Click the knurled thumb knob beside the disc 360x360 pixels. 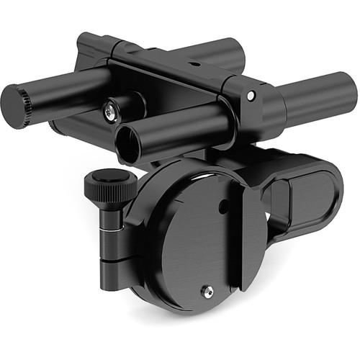tap(110, 187)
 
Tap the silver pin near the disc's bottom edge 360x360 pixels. tap(210, 291)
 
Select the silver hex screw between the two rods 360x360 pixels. tap(109, 111)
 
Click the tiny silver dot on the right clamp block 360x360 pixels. tap(251, 96)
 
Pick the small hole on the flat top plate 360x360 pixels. tap(193, 63)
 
